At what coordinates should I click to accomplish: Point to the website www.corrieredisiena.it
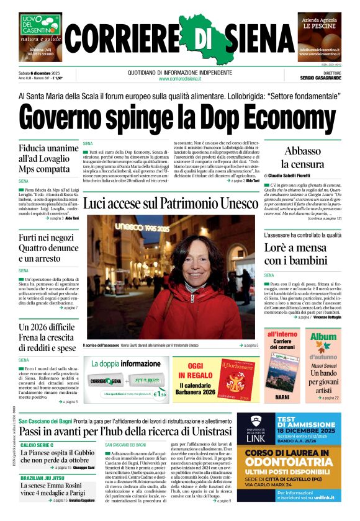click(180, 79)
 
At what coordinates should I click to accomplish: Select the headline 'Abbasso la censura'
click(302, 158)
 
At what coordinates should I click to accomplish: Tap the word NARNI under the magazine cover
click(282, 396)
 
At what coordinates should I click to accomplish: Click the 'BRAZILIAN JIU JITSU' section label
click(45, 478)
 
